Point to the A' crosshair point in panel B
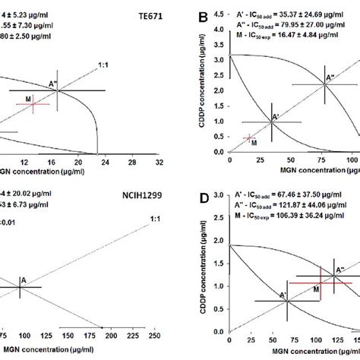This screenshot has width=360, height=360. tap(273, 122)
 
